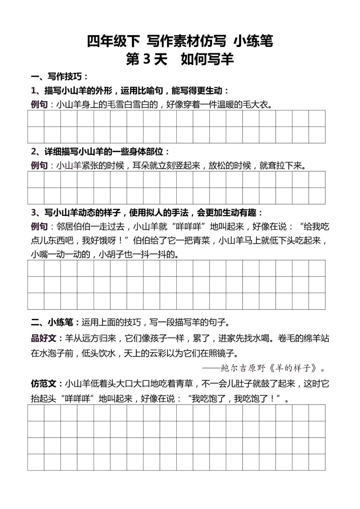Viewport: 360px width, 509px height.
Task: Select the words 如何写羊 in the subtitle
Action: [x=207, y=60]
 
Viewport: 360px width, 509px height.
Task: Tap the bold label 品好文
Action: [x=44, y=338]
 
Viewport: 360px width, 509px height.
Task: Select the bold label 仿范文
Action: [x=44, y=384]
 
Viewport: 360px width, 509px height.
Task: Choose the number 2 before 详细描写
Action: [x=34, y=152]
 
